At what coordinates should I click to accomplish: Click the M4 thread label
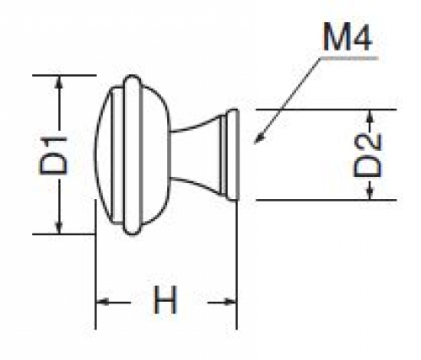pyautogui.click(x=348, y=37)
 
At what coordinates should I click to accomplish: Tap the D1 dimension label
pyautogui.click(x=53, y=155)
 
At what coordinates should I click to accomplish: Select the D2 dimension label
pyautogui.click(x=368, y=156)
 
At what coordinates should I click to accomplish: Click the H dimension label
pyautogui.click(x=165, y=299)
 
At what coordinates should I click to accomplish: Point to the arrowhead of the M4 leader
pyautogui.click(x=258, y=139)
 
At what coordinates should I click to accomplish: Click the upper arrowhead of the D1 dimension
pyautogui.click(x=59, y=82)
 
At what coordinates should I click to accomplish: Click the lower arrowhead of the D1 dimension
pyautogui.click(x=59, y=227)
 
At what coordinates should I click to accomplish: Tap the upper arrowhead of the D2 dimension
pyautogui.click(x=370, y=116)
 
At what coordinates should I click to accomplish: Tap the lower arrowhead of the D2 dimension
pyautogui.click(x=370, y=193)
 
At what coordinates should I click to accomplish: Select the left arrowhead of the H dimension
pyautogui.click(x=102, y=303)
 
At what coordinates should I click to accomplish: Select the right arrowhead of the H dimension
pyautogui.click(x=230, y=303)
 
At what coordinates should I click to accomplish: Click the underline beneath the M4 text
pyautogui.click(x=348, y=58)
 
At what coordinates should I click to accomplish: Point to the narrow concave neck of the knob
pyautogui.click(x=195, y=155)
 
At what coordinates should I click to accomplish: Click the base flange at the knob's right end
pyautogui.click(x=233, y=155)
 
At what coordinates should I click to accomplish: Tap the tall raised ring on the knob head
pyautogui.click(x=132, y=155)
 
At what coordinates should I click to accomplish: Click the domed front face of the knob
pyautogui.click(x=103, y=155)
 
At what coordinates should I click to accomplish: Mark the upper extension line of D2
pyautogui.click(x=327, y=110)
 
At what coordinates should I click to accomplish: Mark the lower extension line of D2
pyautogui.click(x=327, y=200)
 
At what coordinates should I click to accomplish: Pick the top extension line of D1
pyautogui.click(x=64, y=75)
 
